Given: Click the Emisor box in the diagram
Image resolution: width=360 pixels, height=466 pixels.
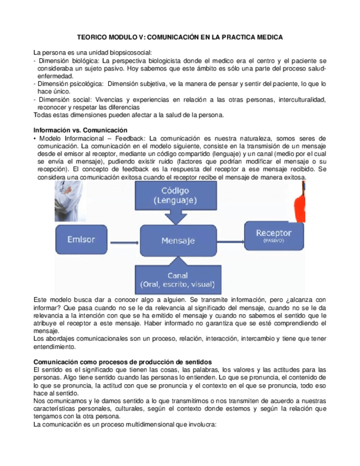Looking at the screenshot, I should click(81, 239).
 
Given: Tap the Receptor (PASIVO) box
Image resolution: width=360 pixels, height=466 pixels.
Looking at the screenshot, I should click(274, 236).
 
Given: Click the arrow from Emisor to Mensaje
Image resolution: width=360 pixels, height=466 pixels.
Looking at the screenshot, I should click(124, 240).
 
